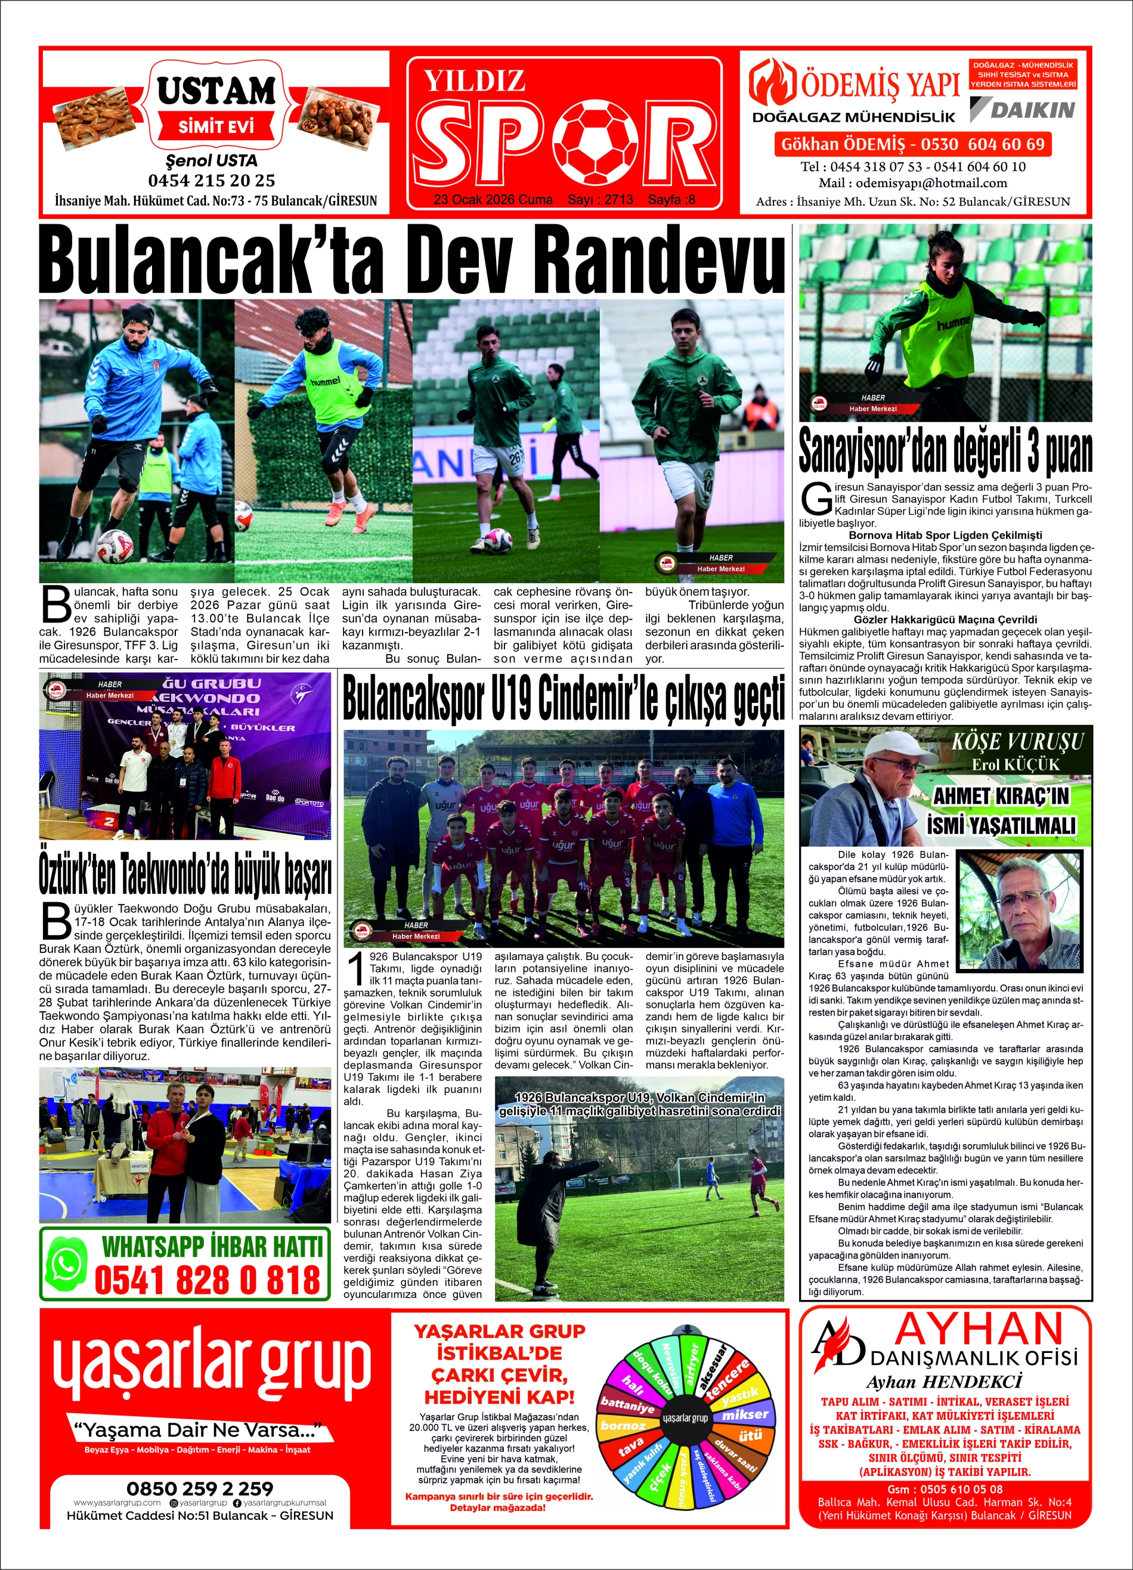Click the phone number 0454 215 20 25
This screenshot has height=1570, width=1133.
coord(211,181)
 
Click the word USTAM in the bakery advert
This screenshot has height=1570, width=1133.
coord(216,91)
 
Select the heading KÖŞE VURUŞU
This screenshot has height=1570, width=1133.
coord(1017,741)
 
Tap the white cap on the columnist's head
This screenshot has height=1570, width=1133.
coord(892,753)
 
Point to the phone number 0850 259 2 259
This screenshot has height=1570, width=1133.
coord(200,1488)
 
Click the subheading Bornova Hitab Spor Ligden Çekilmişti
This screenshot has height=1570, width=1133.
coord(945,534)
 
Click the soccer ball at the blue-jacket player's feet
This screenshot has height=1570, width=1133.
coord(114,545)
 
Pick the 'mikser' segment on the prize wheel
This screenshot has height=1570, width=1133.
coord(745,1414)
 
